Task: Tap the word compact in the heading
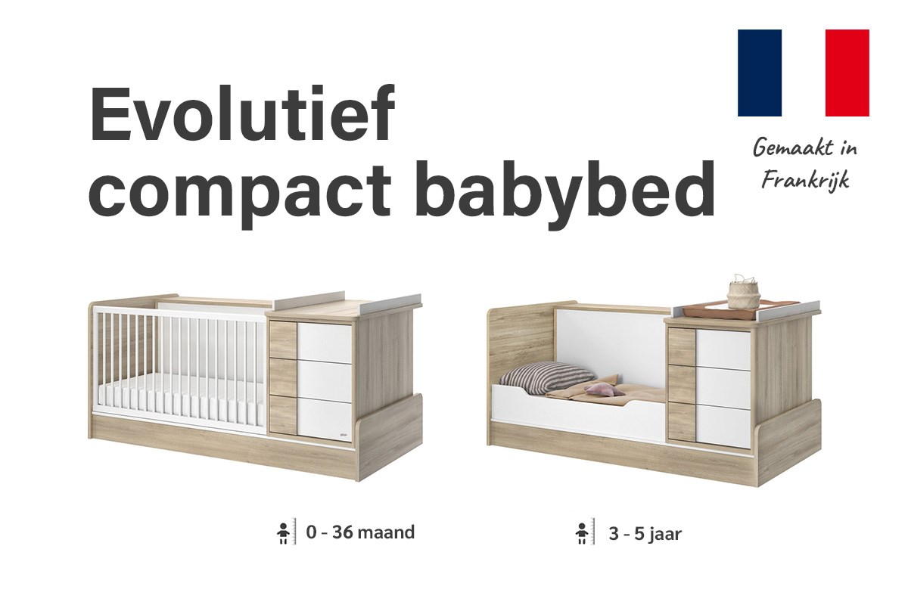(x=240, y=193)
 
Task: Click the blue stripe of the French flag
(x=759, y=73)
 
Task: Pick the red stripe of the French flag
(x=847, y=73)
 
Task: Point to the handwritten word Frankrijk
(x=805, y=180)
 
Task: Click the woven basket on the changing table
(x=743, y=292)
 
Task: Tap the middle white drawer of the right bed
(x=723, y=386)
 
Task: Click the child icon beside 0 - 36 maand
(x=283, y=532)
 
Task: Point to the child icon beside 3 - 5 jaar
(x=582, y=533)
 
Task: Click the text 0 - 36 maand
(x=360, y=532)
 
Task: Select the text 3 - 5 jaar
(x=645, y=534)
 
